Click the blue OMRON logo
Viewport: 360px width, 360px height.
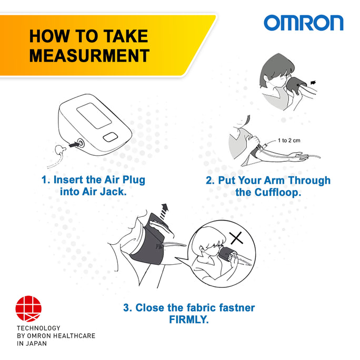[304, 23]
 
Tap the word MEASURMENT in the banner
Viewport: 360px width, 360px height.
[89, 56]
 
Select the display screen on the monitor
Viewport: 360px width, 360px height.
[94, 115]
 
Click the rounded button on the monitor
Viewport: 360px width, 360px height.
[111, 137]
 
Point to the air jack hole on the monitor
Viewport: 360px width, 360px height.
[81, 144]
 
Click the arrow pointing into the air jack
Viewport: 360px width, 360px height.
[74, 145]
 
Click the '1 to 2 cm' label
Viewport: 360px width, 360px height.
[289, 141]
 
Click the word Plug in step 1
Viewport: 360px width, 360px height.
[134, 180]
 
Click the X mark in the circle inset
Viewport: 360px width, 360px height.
[236, 238]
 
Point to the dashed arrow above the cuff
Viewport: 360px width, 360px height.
[164, 212]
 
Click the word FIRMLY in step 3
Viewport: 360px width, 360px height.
[189, 319]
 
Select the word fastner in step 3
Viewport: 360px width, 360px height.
[237, 308]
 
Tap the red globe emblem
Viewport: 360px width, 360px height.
[28, 308]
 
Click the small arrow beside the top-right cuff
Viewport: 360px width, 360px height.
[313, 83]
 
